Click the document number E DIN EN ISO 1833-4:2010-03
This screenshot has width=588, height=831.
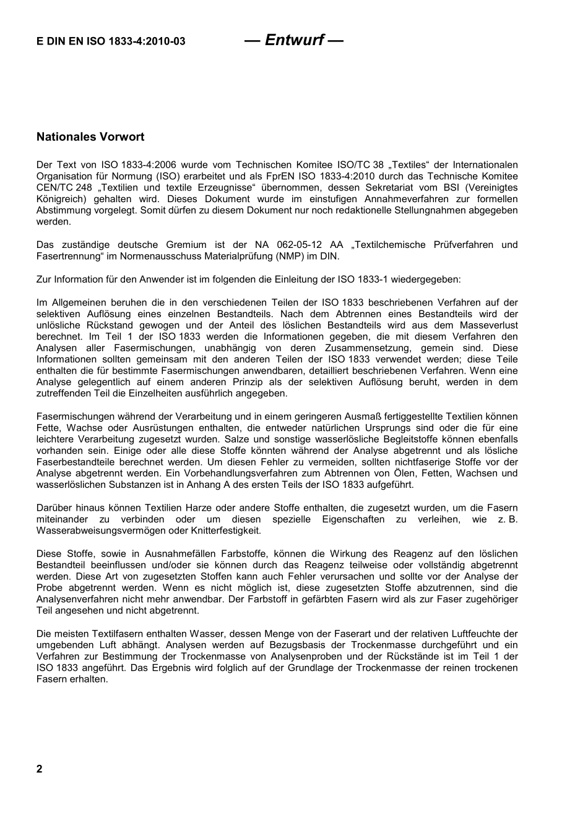click(111, 42)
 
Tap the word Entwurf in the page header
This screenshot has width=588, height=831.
click(294, 40)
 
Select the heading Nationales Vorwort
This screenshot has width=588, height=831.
click(90, 137)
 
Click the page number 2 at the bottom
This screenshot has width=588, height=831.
click(40, 769)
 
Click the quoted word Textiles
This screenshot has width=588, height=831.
click(409, 165)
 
